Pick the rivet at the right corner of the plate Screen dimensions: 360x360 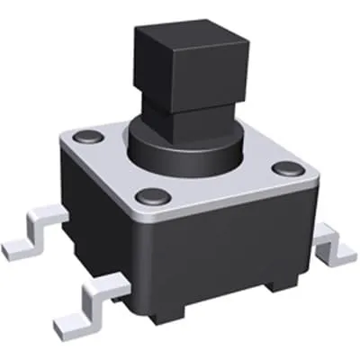286,167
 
